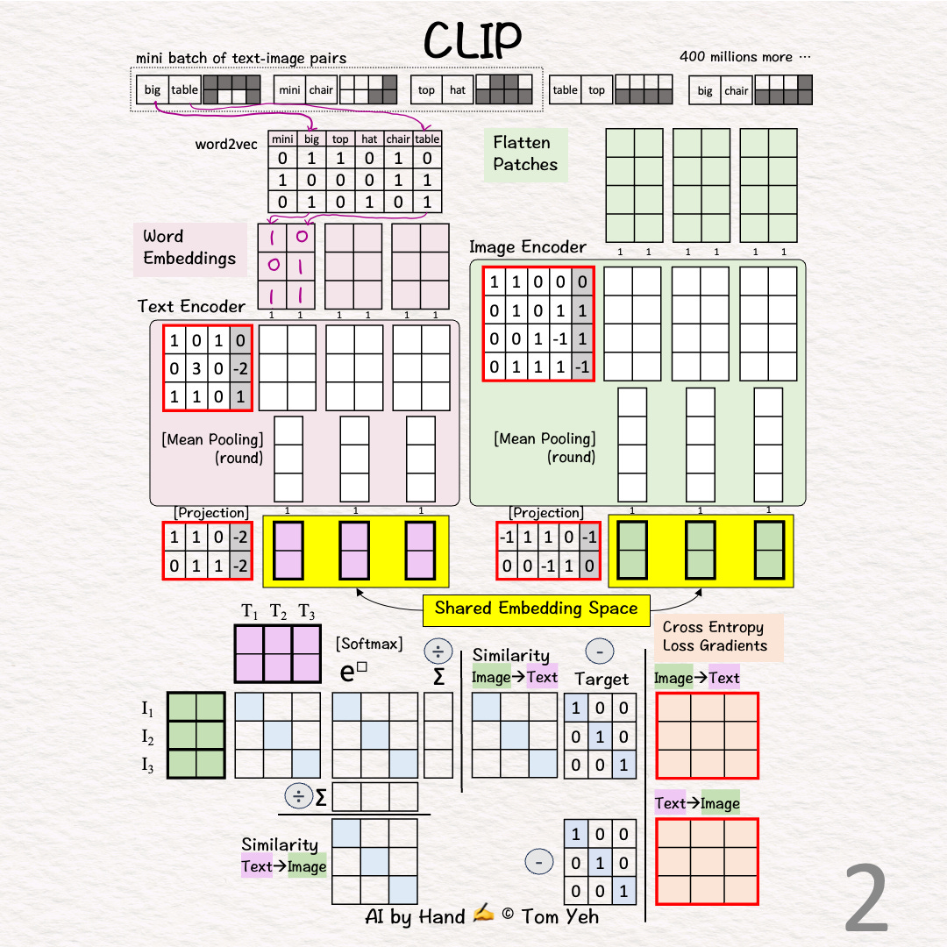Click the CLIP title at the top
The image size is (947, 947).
[473, 39]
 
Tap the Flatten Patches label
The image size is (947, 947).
[525, 153]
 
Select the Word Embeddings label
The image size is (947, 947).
[189, 247]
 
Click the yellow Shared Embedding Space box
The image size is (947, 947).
[536, 609]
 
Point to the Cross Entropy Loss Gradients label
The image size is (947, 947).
[715, 637]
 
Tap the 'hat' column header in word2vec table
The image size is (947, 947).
[370, 139]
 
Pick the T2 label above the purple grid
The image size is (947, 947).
[278, 611]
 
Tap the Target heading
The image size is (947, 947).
[602, 679]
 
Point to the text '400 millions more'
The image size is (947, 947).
[744, 57]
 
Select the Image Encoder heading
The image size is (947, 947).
[527, 247]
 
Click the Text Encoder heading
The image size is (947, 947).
[191, 306]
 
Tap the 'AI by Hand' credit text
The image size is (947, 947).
[415, 917]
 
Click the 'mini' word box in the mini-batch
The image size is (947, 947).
[289, 89]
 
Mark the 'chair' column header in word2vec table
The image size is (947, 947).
[398, 139]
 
